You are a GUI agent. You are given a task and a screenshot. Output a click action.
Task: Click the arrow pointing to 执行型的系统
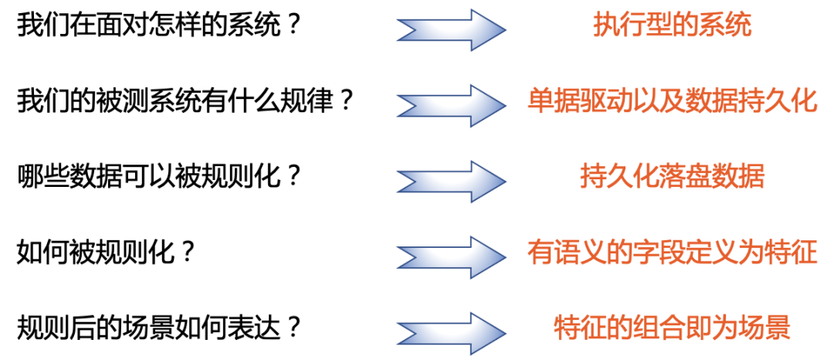pos(452,29)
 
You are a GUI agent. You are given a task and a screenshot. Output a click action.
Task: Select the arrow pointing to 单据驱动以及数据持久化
pos(452,104)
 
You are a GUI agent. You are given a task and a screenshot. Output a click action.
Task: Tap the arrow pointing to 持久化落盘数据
pos(452,180)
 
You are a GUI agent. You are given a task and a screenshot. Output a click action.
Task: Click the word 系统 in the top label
pos(725,27)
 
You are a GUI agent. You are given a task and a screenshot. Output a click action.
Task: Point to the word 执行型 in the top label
pos(632,27)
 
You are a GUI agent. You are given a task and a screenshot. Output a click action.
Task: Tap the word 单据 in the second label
pos(553,102)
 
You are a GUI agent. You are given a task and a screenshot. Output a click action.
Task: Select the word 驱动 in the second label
pos(606,102)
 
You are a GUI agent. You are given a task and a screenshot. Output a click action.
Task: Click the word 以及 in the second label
pos(659,102)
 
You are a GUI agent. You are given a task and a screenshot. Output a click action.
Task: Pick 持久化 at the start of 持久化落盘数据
pos(619,177)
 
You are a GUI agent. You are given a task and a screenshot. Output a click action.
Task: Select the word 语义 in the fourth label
pos(579,253)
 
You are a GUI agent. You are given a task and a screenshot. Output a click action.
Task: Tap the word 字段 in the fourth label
pos(659,253)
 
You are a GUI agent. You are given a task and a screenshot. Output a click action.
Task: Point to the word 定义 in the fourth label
pos(712,253)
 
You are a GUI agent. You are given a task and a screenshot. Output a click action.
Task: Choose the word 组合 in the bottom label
pos(659,328)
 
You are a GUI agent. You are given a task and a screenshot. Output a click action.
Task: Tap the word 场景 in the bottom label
pos(764,328)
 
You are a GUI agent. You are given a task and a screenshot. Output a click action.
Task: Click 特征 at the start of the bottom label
pos(579,328)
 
